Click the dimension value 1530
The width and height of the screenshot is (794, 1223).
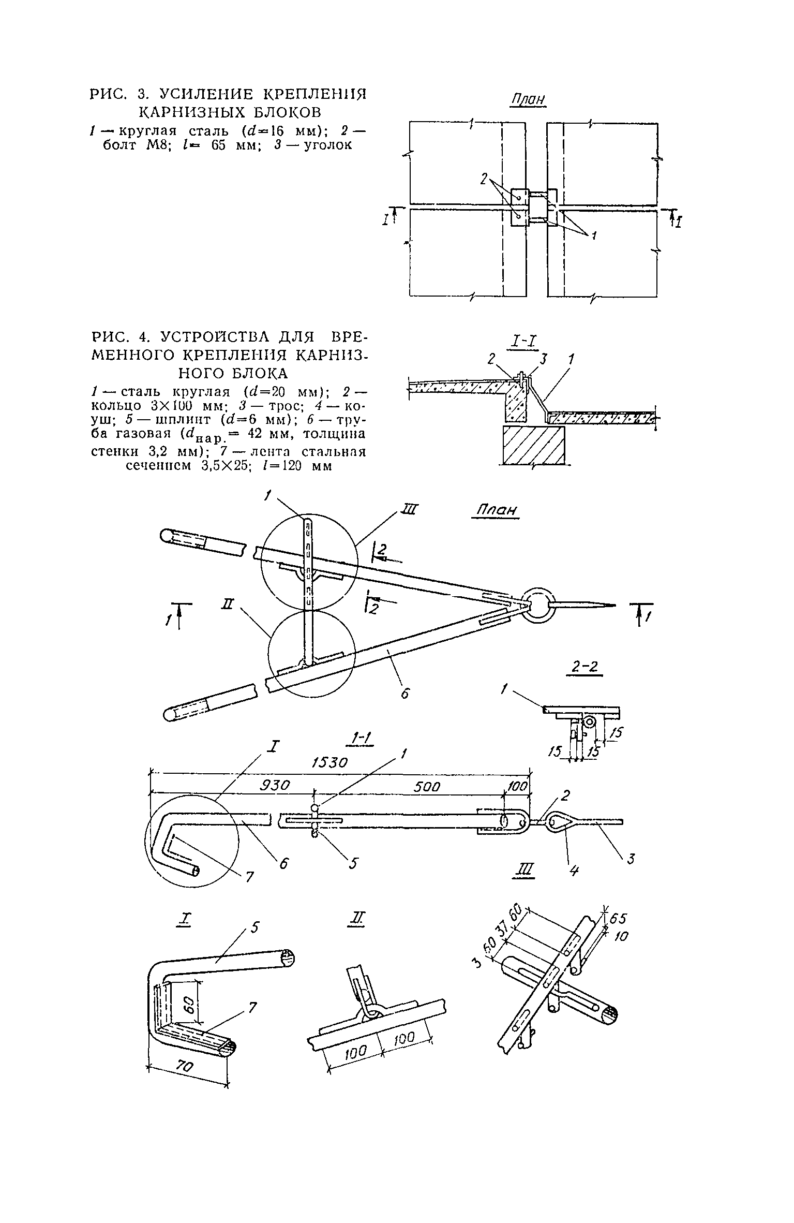pos(329,763)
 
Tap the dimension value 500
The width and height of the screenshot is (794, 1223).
pos(427,787)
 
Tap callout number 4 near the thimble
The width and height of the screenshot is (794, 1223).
pos(573,871)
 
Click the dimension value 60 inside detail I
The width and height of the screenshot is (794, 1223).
pos(189,1006)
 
